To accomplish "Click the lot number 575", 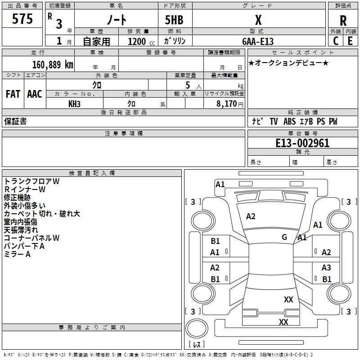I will click(22, 19).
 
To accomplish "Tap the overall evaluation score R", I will click(343, 20).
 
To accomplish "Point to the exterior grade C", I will click(335, 41).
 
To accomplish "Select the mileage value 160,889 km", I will click(53, 64).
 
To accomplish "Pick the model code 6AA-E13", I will click(258, 41).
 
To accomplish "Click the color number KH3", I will click(75, 103).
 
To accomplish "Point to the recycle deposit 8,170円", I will click(230, 103).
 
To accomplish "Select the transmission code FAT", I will click(13, 94).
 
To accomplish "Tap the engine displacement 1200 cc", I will click(139, 41).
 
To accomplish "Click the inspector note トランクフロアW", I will click(31, 181).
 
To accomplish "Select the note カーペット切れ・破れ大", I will click(42, 213).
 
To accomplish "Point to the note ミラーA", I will click(17, 254).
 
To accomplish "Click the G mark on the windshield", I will click(284, 237).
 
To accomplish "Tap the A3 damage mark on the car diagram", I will click(326, 268).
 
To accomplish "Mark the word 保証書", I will click(15, 121).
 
